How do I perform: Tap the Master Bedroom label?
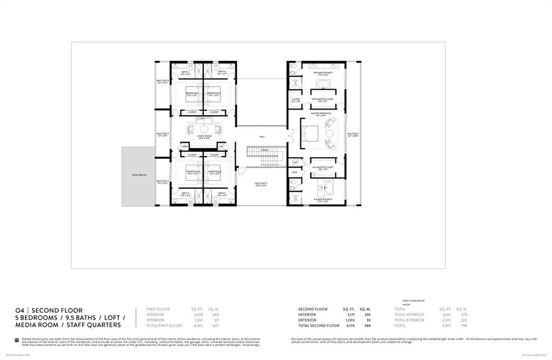point(320,113)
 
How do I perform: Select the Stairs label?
point(264,150)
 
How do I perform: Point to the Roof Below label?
point(139,176)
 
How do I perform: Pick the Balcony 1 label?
point(353,134)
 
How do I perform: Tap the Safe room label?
point(294,172)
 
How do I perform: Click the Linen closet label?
point(184,146)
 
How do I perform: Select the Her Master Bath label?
point(322,72)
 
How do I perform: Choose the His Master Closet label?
point(323,168)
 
